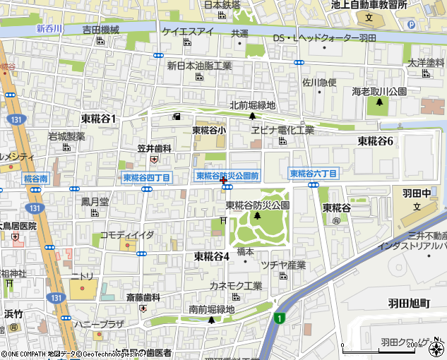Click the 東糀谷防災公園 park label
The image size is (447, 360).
(258, 205)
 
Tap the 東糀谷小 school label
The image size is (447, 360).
(210, 130)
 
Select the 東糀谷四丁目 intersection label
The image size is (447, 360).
(146, 178)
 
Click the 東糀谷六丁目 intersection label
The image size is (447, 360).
(314, 173)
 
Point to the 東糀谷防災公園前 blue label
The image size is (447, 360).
(227, 175)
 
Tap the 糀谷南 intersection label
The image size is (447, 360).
(35, 179)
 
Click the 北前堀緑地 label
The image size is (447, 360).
(252, 106)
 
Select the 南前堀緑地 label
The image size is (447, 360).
(212, 308)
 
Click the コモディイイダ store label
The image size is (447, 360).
(127, 234)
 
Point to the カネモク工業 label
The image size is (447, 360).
(236, 286)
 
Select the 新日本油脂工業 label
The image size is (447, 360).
(199, 66)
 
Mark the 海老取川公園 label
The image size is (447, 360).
(379, 92)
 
